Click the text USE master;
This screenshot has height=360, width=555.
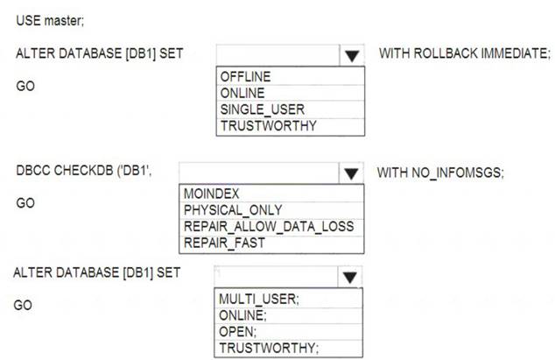[x=50, y=20]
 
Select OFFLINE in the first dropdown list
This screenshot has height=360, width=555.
[x=245, y=76]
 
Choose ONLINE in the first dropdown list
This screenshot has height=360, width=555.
[x=242, y=93]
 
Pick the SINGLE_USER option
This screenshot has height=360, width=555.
[x=263, y=109]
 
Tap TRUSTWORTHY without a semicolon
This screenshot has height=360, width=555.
[x=268, y=126]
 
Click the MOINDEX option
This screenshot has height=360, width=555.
[x=211, y=194]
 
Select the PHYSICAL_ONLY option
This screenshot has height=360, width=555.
[x=233, y=210]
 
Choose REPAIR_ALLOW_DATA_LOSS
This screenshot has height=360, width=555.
[x=269, y=226]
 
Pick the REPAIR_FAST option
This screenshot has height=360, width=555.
[x=224, y=243]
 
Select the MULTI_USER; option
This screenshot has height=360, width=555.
[x=259, y=299]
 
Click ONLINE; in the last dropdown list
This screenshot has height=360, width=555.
[x=242, y=315]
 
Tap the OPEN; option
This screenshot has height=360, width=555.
[x=237, y=332]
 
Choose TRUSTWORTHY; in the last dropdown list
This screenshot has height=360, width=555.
[x=269, y=348]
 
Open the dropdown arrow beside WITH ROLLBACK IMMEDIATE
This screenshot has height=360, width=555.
[x=352, y=56]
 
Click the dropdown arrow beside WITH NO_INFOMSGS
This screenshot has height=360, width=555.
[x=351, y=173]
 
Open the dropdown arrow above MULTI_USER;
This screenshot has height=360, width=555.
[x=349, y=278]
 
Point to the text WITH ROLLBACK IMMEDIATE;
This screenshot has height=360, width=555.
[x=465, y=53]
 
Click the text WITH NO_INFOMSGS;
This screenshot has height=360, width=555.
[x=440, y=173]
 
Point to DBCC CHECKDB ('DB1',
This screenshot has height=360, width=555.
[x=84, y=171]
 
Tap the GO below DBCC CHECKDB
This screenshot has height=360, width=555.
[x=25, y=203]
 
